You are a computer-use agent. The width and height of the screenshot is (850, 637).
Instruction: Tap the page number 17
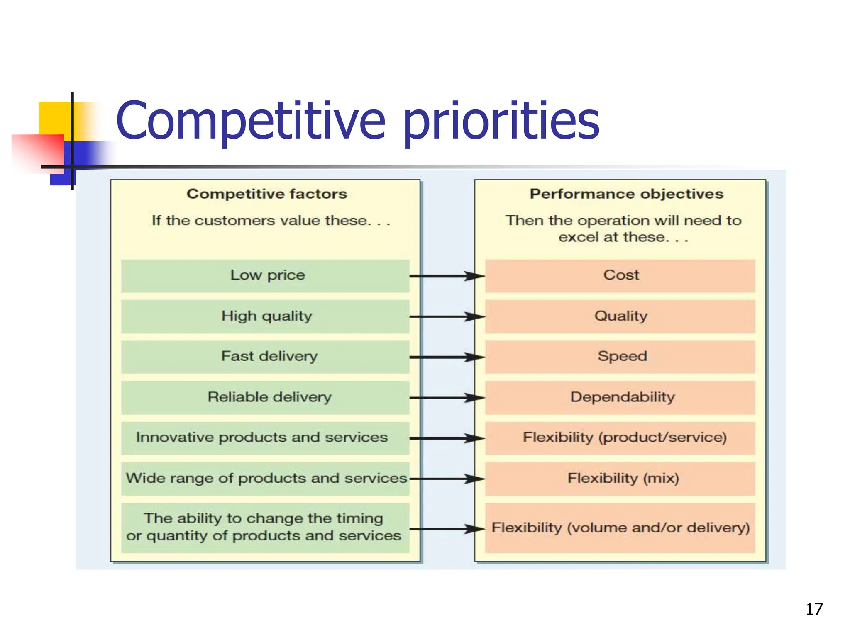(814, 609)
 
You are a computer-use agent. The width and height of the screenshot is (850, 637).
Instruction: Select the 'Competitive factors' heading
(266, 194)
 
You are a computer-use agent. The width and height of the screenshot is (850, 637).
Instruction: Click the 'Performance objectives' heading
(626, 194)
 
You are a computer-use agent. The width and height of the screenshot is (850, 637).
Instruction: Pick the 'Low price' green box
(266, 275)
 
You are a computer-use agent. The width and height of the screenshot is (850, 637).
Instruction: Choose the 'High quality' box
(266, 316)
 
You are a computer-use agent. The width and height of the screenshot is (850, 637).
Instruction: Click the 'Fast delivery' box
(266, 357)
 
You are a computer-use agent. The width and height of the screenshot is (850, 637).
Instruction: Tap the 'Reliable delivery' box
(266, 397)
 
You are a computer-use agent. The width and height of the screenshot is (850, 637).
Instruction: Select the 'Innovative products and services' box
(266, 438)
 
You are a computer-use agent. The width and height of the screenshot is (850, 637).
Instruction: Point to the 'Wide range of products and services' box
(266, 478)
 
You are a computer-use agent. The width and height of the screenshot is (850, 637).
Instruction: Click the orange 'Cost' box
(620, 275)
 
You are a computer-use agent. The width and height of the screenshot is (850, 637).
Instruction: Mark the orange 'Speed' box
(620, 357)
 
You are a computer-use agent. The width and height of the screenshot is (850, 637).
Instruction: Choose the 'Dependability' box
(620, 397)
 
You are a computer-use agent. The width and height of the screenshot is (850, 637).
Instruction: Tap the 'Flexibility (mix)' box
(620, 478)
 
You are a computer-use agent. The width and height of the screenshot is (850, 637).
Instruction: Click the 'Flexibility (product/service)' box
(620, 438)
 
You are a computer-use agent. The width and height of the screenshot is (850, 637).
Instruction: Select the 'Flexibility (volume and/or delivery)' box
(620, 528)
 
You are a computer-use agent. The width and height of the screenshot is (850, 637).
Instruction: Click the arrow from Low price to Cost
(447, 276)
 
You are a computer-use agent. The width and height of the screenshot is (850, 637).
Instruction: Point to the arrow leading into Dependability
(447, 398)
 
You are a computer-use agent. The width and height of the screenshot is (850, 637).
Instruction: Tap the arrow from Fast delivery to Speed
(447, 357)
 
